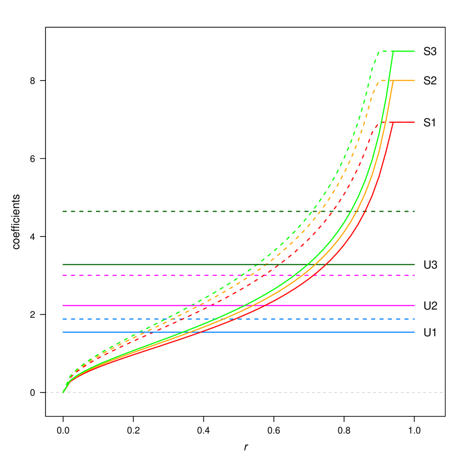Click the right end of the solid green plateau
click(415, 51)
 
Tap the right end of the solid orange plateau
click(415, 81)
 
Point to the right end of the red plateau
click(415, 122)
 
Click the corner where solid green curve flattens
click(393, 51)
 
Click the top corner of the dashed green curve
click(378, 51)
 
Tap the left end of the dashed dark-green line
click(63, 211)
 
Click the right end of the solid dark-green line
click(415, 265)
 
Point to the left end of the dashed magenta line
click(63, 275)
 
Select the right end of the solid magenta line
click(415, 305)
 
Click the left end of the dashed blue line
click(63, 319)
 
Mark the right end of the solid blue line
click(415, 332)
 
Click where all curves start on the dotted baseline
click(63, 392)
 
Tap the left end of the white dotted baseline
click(46, 392)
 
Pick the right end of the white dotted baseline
click(443, 392)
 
